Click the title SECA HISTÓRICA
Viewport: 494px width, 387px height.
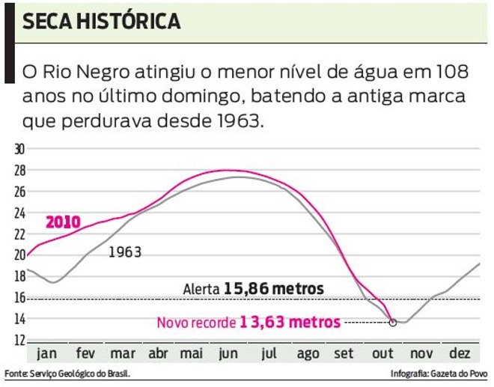[101, 21]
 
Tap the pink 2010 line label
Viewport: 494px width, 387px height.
[63, 222]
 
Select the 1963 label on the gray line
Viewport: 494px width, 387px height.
[125, 252]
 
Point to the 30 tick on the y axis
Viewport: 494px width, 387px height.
[19, 149]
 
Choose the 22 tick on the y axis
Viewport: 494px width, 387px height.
[19, 234]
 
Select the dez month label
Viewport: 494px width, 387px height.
[459, 353]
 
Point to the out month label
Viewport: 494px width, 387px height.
[382, 353]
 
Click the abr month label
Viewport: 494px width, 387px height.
[158, 353]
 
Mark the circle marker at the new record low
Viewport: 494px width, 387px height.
[393, 323]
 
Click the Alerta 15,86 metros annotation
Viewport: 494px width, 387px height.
[253, 289]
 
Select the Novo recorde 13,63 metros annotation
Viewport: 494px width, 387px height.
[248, 323]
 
